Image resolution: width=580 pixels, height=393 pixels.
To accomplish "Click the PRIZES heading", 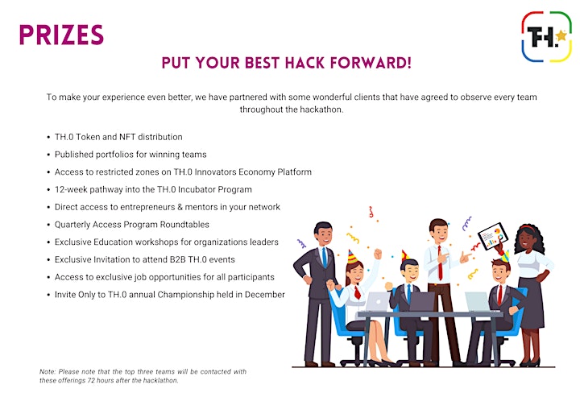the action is pyautogui.click(x=61, y=35).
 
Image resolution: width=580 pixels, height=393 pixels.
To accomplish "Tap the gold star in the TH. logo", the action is pyautogui.click(x=561, y=35).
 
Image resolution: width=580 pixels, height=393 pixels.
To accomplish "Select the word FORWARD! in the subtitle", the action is pyautogui.click(x=371, y=63).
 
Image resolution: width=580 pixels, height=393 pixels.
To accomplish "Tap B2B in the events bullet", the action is pyautogui.click(x=177, y=259).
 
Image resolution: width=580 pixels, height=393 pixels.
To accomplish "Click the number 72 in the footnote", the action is pyautogui.click(x=90, y=380).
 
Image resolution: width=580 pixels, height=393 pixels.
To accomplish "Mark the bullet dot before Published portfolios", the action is pyautogui.click(x=48, y=155).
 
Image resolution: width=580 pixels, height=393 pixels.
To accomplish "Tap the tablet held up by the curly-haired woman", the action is pyautogui.click(x=492, y=235).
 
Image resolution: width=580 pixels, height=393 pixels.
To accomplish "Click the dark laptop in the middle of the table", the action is pyautogui.click(x=421, y=302).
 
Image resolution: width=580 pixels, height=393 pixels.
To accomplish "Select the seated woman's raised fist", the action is pyautogui.click(x=377, y=254).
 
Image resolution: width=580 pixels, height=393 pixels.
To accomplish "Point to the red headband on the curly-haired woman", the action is pyautogui.click(x=527, y=228).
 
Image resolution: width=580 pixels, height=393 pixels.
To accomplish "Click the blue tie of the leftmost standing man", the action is pyautogui.click(x=325, y=257).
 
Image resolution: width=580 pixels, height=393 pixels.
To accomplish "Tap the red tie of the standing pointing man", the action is pyautogui.click(x=440, y=263).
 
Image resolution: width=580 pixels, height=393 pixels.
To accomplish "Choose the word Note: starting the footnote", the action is pyautogui.click(x=48, y=371).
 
